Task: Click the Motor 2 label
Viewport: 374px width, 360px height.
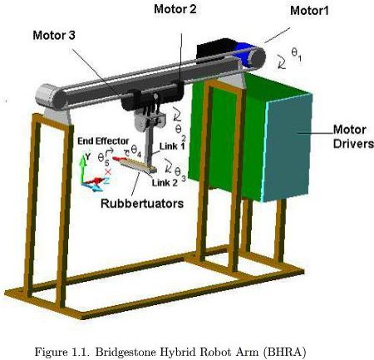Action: (x=175, y=9)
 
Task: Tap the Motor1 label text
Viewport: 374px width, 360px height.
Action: (x=309, y=11)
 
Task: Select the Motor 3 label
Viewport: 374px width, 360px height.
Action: (x=54, y=35)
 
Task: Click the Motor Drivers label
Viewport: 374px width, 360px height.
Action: (x=353, y=136)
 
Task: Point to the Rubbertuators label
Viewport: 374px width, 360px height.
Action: (x=142, y=204)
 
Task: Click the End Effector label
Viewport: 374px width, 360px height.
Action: (x=103, y=141)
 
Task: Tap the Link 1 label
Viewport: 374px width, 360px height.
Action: (x=172, y=146)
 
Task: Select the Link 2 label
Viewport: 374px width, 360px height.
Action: (x=165, y=183)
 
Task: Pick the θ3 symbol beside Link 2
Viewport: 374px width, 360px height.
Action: (x=180, y=173)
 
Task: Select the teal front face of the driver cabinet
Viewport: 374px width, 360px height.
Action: (x=288, y=147)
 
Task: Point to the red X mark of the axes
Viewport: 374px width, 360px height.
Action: (x=108, y=172)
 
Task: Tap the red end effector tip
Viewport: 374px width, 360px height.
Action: (x=120, y=159)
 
